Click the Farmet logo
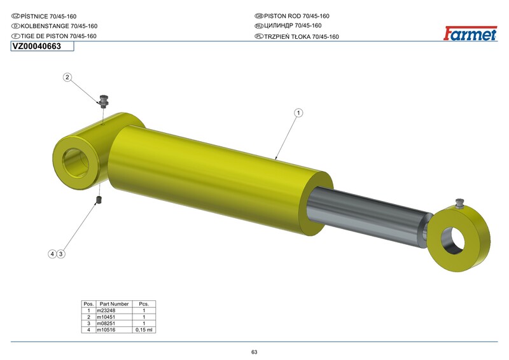coord(470,34)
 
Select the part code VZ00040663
coord(37,46)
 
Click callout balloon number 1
coord(298,113)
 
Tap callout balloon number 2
coord(67,77)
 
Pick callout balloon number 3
coord(60,254)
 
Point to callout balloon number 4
coord(52,254)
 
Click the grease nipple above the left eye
coord(104,100)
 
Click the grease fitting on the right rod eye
coord(459,203)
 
